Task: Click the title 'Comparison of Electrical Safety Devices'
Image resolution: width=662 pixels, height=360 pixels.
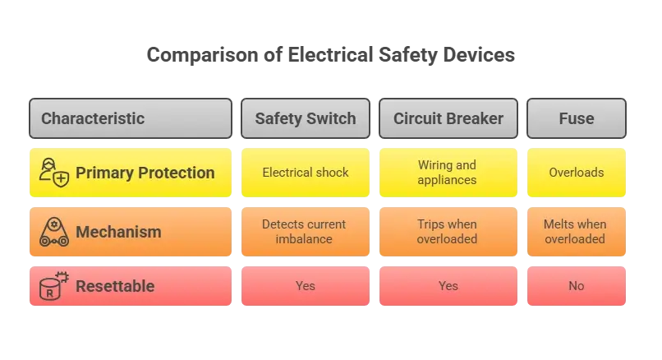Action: tap(330, 55)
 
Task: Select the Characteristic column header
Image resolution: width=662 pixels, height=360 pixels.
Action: tap(131, 118)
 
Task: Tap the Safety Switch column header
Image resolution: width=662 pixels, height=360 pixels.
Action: tap(306, 118)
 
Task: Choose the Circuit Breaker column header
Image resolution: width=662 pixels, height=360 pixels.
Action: tap(448, 118)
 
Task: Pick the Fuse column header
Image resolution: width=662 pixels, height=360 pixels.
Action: tap(577, 118)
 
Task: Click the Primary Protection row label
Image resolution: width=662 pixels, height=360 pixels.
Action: tap(145, 173)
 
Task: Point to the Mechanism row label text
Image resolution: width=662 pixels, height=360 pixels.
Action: tap(118, 232)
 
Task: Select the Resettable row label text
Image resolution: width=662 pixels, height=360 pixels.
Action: tap(115, 286)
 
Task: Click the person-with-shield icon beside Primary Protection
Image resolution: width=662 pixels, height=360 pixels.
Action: tap(54, 173)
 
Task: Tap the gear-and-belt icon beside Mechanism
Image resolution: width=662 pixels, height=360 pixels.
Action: tap(54, 232)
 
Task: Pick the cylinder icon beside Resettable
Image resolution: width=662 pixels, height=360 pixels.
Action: tap(53, 286)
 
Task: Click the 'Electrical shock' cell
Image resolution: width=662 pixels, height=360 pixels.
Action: tap(306, 173)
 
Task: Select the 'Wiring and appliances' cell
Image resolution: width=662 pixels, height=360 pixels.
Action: tap(448, 173)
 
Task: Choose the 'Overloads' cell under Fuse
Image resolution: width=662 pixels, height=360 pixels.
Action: tap(577, 173)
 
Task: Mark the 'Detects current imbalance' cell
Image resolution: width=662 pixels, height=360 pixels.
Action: tap(306, 232)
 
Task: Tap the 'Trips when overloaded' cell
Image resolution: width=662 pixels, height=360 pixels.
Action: tap(448, 232)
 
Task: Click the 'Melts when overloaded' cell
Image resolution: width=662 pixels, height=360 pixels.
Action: tap(577, 232)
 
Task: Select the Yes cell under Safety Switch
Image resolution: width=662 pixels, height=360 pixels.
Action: tap(306, 286)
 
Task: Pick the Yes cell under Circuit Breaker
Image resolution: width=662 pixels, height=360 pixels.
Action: tap(448, 286)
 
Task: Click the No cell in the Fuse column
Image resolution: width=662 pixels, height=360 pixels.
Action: tap(577, 286)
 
